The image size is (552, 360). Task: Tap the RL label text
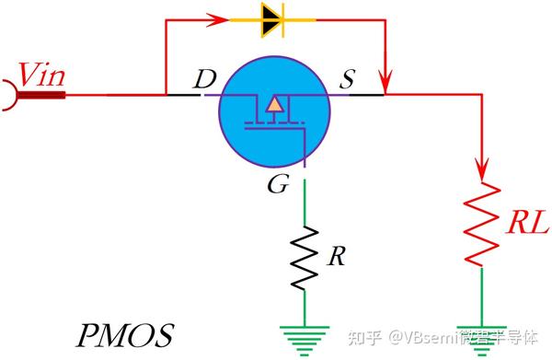(527, 223)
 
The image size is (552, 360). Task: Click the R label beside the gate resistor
(337, 256)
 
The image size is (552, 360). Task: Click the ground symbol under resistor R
(305, 337)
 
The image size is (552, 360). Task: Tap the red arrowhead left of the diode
(219, 17)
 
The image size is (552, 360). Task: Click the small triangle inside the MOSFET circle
(273, 105)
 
